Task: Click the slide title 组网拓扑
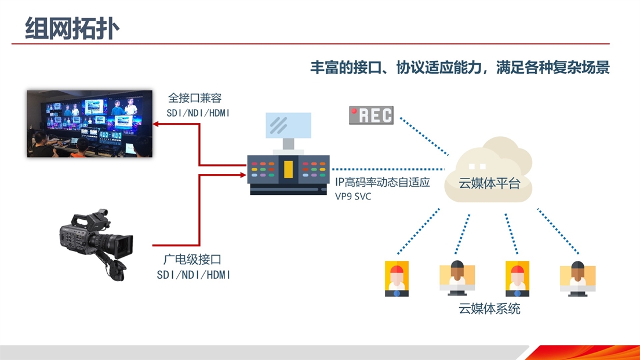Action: [x=72, y=28]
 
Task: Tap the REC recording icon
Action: [x=371, y=115]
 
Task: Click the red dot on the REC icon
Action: [x=354, y=111]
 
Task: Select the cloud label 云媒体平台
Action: [x=489, y=183]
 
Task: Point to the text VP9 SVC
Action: [x=353, y=197]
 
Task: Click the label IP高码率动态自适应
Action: [x=383, y=182]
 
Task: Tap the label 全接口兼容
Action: [x=195, y=98]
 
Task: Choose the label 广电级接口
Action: [x=192, y=259]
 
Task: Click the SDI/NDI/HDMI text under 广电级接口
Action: [x=194, y=275]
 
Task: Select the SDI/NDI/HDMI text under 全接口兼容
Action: [x=198, y=113]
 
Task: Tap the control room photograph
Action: [x=90, y=123]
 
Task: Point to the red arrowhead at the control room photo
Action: [x=155, y=123]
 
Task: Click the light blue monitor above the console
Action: [x=288, y=125]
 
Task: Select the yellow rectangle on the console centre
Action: [x=288, y=169]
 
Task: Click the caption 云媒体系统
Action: [x=489, y=308]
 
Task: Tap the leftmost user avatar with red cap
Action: [x=397, y=278]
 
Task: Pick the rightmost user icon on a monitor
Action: [x=577, y=279]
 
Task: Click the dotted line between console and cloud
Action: [x=388, y=169]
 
